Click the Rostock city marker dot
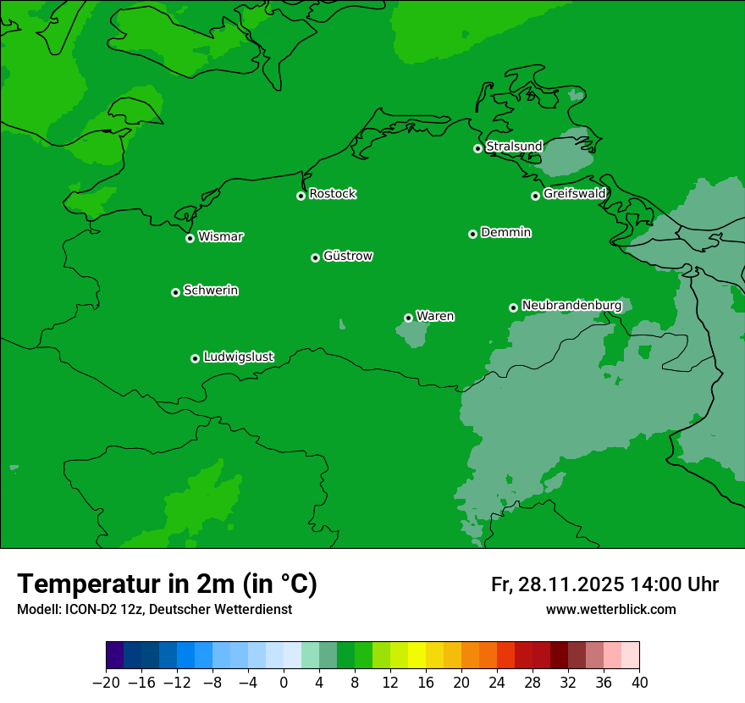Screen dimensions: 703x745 tap(301, 196)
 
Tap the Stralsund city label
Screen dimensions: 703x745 tap(514, 147)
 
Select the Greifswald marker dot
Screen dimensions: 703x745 tap(535, 196)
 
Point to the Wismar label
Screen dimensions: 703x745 tap(220, 236)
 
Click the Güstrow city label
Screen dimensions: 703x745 tap(348, 256)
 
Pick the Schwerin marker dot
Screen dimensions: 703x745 tap(175, 292)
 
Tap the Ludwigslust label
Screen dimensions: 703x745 tap(238, 357)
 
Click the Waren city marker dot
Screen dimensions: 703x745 tap(408, 318)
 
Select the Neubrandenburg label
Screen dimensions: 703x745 tap(571, 305)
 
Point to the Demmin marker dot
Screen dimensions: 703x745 tap(472, 234)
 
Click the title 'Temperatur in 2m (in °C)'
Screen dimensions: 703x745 tap(167, 584)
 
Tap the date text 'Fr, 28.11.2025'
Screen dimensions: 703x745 tap(557, 584)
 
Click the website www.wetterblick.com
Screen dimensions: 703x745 tap(610, 609)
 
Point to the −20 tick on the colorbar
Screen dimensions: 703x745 tap(107, 682)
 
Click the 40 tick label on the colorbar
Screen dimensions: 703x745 tap(639, 682)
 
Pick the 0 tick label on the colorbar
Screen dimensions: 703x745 tap(284, 682)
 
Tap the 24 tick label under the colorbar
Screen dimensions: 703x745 tap(497, 682)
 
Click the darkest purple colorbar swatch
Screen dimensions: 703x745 tap(115, 656)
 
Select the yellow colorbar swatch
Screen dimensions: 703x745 tap(417, 656)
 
